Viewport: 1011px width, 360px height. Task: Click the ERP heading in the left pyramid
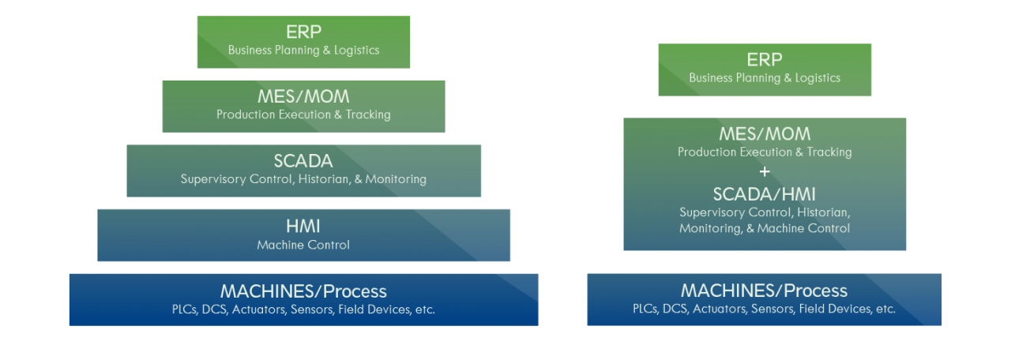pyautogui.click(x=303, y=32)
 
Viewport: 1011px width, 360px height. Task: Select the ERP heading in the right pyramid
pyautogui.click(x=764, y=59)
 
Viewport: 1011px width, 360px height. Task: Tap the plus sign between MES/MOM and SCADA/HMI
pyautogui.click(x=764, y=172)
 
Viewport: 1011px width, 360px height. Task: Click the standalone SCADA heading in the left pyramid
pyautogui.click(x=303, y=161)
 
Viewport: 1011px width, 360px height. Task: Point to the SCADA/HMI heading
pyautogui.click(x=764, y=194)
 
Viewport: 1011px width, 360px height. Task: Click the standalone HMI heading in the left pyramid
pyautogui.click(x=303, y=226)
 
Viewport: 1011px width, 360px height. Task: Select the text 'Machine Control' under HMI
pyautogui.click(x=303, y=245)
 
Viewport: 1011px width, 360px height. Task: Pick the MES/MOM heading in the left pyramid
pyautogui.click(x=303, y=96)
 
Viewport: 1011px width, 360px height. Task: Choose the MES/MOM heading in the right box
pyautogui.click(x=764, y=134)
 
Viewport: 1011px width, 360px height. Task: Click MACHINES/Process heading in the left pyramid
pyautogui.click(x=303, y=291)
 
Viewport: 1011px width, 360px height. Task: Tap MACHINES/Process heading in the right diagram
pyautogui.click(x=764, y=291)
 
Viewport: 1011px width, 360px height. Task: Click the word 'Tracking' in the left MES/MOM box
pyautogui.click(x=367, y=114)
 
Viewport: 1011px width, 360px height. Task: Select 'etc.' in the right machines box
pyautogui.click(x=885, y=309)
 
